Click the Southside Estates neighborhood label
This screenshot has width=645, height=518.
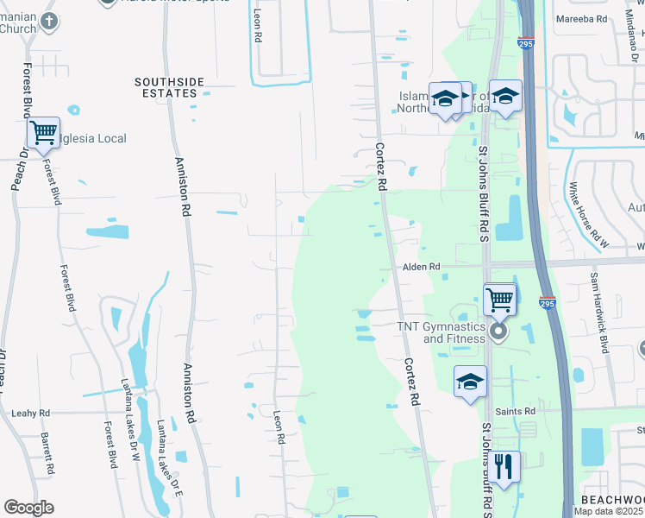[x=170, y=87]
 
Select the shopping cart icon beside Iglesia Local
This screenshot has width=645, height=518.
[x=43, y=134]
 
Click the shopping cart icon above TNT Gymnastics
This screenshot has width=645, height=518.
[x=498, y=300]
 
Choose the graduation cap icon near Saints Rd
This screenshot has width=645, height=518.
[x=470, y=382]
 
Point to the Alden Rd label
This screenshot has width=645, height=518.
[x=422, y=268]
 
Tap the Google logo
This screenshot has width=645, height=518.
[x=29, y=508]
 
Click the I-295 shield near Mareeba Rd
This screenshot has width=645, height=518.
[x=526, y=41]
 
